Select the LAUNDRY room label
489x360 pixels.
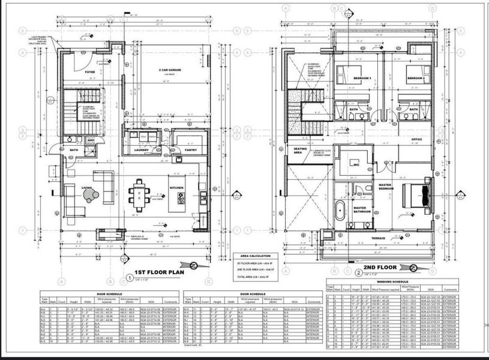pyautogui.click(x=142, y=150)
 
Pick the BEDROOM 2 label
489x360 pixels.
pyautogui.click(x=416, y=79)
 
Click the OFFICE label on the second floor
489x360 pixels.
pyautogui.click(x=416, y=139)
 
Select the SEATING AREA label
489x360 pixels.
pyautogui.click(x=300, y=151)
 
